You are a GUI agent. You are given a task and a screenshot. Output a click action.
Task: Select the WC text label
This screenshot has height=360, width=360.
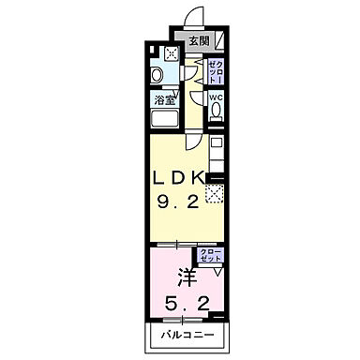coord(215,97)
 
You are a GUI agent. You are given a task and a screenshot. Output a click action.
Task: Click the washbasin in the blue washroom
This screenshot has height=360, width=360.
coord(157,75)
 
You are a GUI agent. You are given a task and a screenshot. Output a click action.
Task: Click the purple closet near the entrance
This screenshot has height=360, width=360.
coord(214,68)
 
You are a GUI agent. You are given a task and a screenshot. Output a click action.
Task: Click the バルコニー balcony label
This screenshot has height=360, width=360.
coord(185,336)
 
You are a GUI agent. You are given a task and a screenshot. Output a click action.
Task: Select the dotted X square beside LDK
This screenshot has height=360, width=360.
coord(214,194)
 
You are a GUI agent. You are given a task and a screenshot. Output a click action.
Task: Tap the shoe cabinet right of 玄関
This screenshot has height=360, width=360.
coord(219,40)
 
